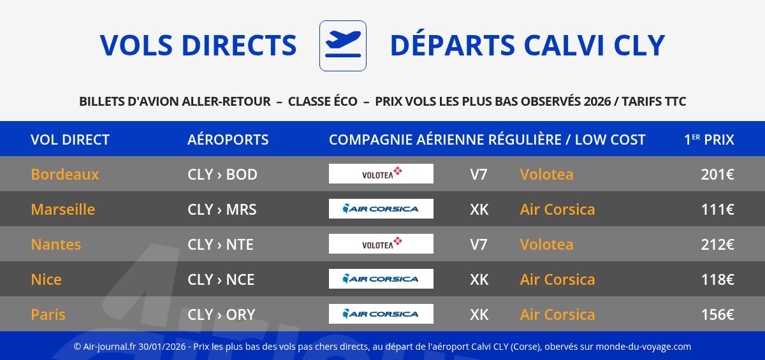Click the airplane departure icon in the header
click(343, 46)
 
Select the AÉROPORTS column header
click(228, 140)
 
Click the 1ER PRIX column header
click(709, 140)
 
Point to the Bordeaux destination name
click(65, 175)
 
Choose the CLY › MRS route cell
click(222, 210)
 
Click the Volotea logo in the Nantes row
click(381, 243)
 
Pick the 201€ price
click(718, 175)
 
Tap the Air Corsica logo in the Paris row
click(381, 313)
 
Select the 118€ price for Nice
click(718, 280)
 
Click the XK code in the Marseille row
click(479, 210)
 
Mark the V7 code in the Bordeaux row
click(479, 175)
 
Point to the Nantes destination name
click(56, 244)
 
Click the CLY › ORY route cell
click(221, 315)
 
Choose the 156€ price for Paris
click(718, 315)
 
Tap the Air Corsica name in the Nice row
click(557, 280)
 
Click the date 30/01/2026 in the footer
click(162, 347)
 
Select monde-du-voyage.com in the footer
click(643, 347)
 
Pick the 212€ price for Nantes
click(718, 244)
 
